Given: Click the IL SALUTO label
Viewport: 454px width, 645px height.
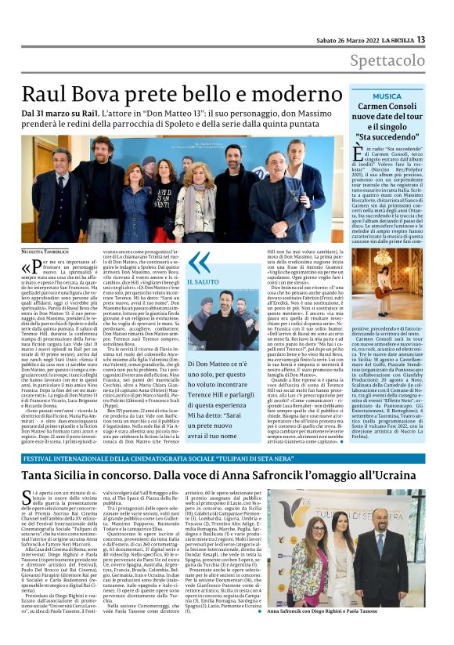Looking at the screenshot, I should pos(202,281).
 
